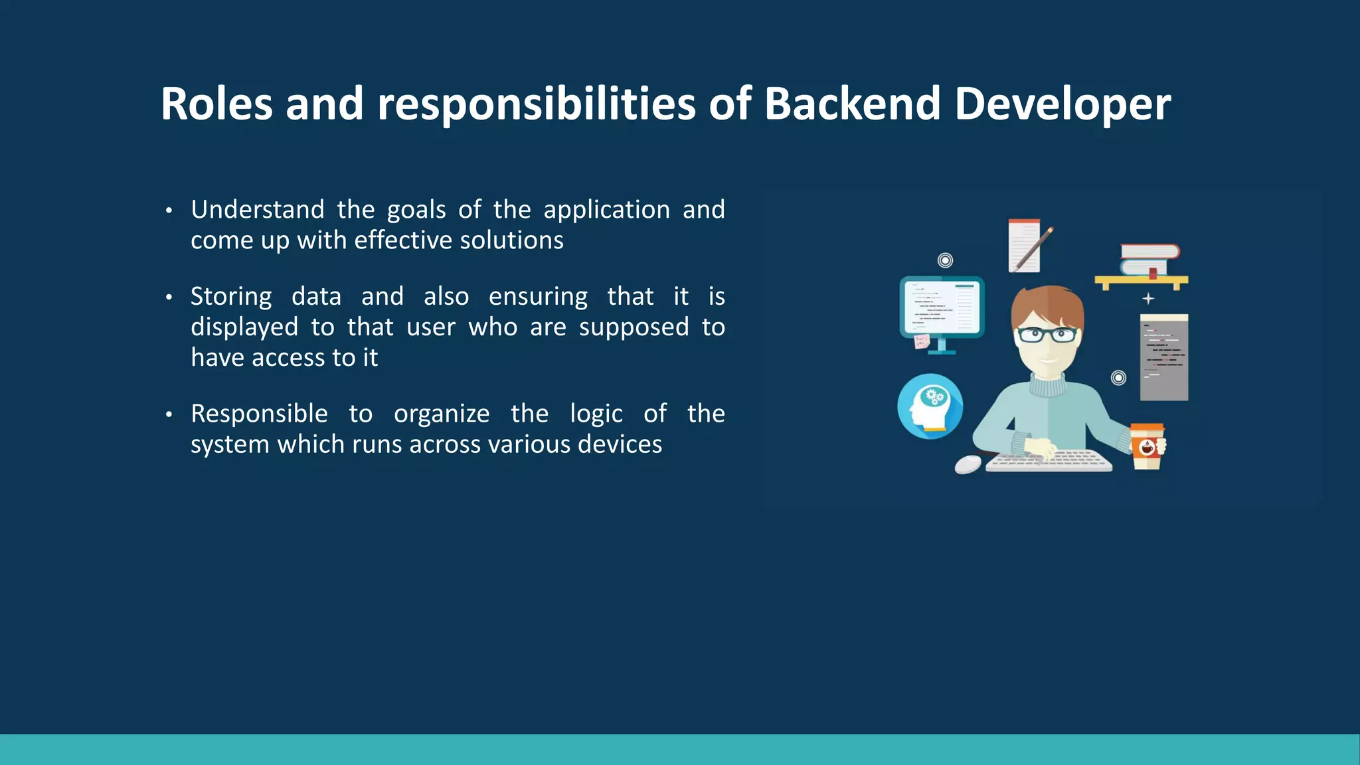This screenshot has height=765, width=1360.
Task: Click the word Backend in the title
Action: (x=853, y=104)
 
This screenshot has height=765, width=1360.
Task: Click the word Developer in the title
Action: (x=1062, y=104)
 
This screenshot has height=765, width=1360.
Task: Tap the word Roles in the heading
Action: (x=216, y=104)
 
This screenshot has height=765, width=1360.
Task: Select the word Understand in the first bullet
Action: (x=258, y=210)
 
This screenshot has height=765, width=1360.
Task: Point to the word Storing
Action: (x=231, y=297)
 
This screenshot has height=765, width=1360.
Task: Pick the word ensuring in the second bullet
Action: (x=538, y=297)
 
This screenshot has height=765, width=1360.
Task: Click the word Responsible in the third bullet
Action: (x=259, y=414)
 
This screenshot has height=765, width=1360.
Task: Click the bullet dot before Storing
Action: (x=169, y=297)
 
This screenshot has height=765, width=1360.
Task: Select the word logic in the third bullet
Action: (x=596, y=414)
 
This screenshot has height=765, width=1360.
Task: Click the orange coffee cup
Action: (x=1147, y=446)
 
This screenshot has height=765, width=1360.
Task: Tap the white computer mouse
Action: (x=968, y=464)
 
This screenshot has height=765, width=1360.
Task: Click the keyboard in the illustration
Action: (x=1049, y=461)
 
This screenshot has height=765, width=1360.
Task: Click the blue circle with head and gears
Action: (x=930, y=406)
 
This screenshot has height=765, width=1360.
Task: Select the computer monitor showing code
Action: (x=942, y=308)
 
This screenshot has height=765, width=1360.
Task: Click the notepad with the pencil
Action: (x=1026, y=246)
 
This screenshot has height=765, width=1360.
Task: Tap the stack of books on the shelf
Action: (x=1149, y=260)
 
